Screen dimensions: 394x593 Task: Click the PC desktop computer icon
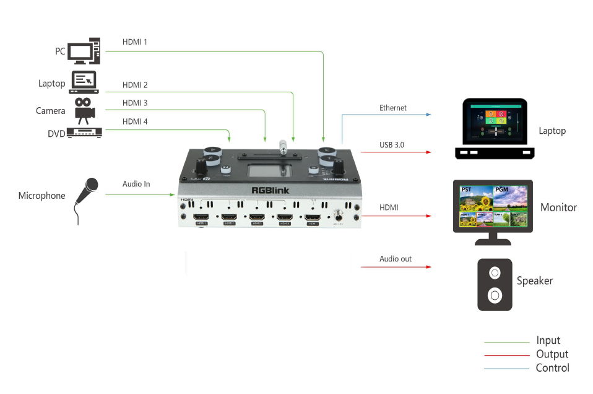coord(84,51)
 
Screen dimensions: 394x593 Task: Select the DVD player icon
coord(84,133)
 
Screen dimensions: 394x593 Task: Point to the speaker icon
coord(495,284)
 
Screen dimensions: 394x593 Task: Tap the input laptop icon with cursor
coord(84,82)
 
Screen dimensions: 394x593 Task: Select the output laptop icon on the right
coord(495,128)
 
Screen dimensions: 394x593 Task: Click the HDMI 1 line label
coord(135,42)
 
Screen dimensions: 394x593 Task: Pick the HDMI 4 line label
coord(135,122)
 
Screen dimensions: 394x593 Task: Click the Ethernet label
coord(393,108)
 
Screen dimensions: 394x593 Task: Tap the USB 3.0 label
coord(393,145)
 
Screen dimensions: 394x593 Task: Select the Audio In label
coord(136,184)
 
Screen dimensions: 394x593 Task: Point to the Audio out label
coord(396,258)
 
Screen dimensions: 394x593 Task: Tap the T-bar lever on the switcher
coord(282,149)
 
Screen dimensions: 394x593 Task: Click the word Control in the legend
coord(552,368)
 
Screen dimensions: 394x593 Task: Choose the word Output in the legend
coord(552,354)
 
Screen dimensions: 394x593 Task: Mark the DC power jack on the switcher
coord(338,217)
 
